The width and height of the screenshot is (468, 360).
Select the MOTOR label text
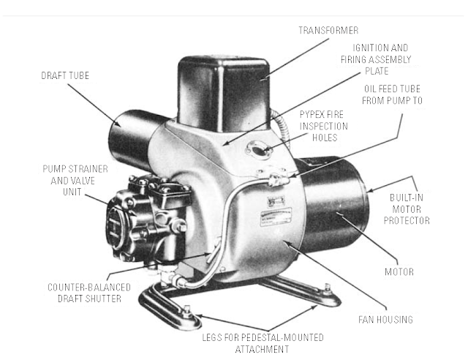(399, 272)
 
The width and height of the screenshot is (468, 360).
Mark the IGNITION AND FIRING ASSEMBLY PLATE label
(376, 59)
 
